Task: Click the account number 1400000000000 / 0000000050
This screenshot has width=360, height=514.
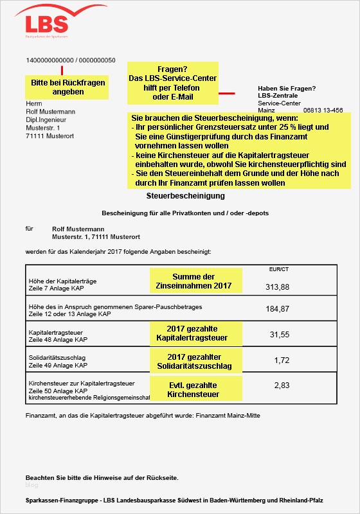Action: pos(71,60)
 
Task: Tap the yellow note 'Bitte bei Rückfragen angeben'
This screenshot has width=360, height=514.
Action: pos(68,87)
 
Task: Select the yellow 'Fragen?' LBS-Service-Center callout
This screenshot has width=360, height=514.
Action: pos(172,83)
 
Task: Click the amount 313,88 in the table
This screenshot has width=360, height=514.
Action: pos(278,287)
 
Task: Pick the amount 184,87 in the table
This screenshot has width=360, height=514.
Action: pos(278,309)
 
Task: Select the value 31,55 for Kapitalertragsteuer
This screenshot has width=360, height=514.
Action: pos(280,334)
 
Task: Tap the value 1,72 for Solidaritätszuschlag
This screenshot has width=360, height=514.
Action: pos(282,360)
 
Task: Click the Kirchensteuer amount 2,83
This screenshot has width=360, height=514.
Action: pos(282,385)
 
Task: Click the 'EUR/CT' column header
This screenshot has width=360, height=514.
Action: pos(278,269)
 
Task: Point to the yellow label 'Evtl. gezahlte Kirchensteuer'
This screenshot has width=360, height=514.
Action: pos(196,389)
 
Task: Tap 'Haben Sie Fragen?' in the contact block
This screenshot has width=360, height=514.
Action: pos(287,88)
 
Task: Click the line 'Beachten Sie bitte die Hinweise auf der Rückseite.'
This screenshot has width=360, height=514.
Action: pos(102,478)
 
